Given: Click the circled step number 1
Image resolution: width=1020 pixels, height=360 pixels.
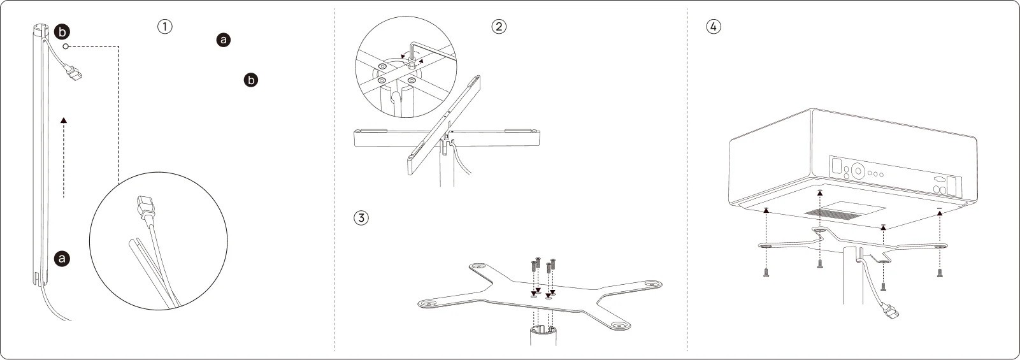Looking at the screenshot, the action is coord(165,26).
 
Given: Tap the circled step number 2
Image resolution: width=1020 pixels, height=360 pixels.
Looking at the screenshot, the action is coord(499,26).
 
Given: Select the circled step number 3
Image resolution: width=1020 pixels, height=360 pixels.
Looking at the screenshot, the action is coord(361,217).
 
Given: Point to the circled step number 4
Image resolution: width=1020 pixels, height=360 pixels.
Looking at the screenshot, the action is coord(714,26).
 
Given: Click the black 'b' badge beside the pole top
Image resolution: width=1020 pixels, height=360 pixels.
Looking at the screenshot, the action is coord(62,32).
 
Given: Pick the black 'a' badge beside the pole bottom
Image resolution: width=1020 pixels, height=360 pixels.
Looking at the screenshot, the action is coord(62,259).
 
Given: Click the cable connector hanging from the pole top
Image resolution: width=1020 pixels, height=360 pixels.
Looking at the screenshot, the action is coord(73,72).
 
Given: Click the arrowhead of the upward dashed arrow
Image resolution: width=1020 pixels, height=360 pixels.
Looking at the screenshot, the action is coord(64,120).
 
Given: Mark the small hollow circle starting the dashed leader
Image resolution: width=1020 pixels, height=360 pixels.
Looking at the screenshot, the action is coord(66,47).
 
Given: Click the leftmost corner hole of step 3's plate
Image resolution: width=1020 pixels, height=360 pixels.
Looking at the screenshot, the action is coord(427,303).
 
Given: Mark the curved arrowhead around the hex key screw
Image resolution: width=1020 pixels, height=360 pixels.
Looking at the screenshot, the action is coord(420,61).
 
